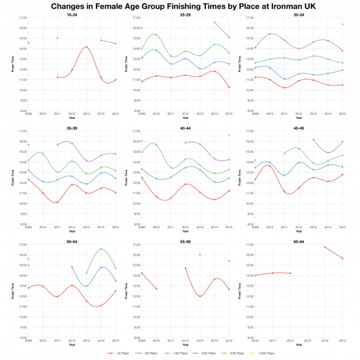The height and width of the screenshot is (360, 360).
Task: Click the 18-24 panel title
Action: tap(72, 13)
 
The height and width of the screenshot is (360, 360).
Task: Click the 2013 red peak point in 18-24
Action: tap(86, 47)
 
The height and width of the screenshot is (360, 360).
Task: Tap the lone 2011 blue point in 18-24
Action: tap(57, 38)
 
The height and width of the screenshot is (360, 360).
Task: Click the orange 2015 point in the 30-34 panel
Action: tap(342, 24)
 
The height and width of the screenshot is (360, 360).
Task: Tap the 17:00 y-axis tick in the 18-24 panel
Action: tap(22, 18)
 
